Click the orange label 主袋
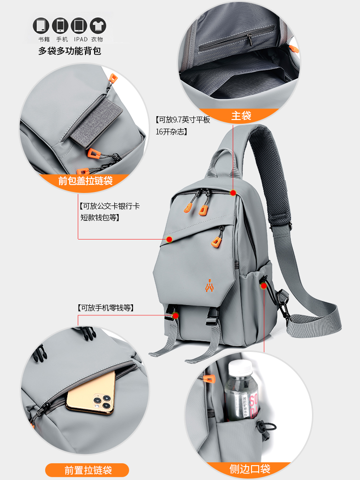click(241, 115)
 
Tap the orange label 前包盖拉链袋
click(85, 181)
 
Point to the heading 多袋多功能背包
click(70, 51)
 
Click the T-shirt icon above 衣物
click(97, 25)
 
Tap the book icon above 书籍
click(41, 25)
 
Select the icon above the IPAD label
click(79, 25)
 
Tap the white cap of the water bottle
click(239, 369)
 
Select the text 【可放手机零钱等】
click(105, 308)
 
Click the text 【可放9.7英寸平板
click(182, 120)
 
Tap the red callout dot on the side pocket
click(264, 286)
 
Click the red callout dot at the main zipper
click(233, 193)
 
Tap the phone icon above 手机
click(60, 25)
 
